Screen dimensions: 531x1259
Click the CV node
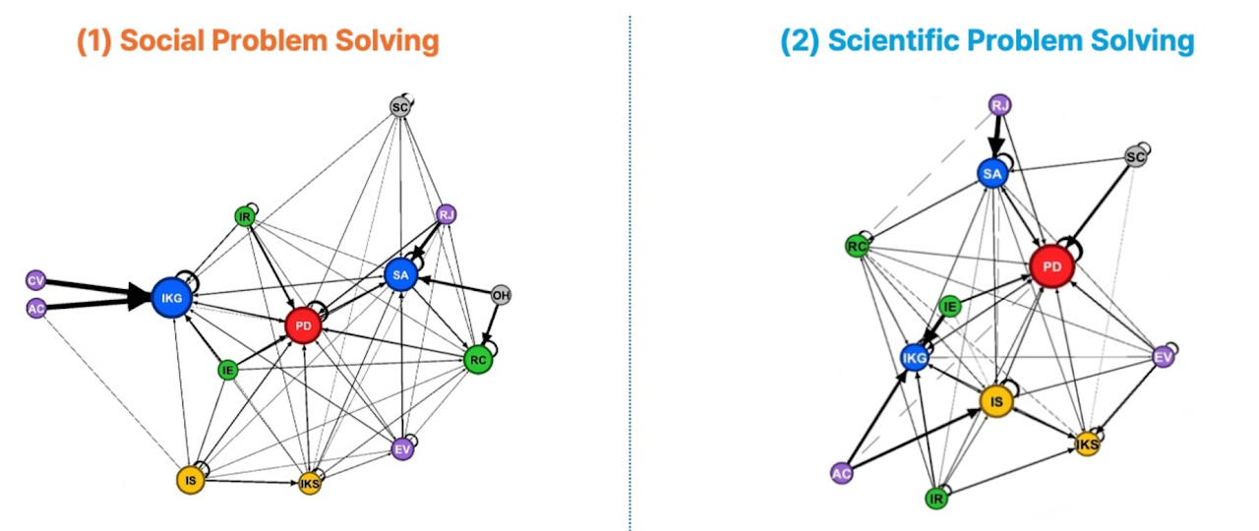[x=36, y=280]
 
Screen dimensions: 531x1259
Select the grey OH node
[x=502, y=295]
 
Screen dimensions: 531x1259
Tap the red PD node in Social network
[x=303, y=325]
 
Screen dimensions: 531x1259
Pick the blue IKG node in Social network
[x=170, y=297]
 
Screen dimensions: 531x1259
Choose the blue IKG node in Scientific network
[x=915, y=359]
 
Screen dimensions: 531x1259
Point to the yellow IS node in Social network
[x=191, y=480]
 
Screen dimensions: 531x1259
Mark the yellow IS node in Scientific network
[x=996, y=400]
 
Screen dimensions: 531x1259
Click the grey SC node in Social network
[x=399, y=107]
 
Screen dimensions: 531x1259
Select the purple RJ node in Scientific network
[x=1000, y=105]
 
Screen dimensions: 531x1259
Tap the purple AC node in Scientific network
[x=842, y=473]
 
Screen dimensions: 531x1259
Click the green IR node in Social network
[x=245, y=216]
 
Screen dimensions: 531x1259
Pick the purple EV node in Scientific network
[x=1164, y=357]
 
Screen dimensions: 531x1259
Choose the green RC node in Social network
[x=477, y=360]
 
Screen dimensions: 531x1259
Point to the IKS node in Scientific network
[x=1087, y=444]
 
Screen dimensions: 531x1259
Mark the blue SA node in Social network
[x=400, y=276]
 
